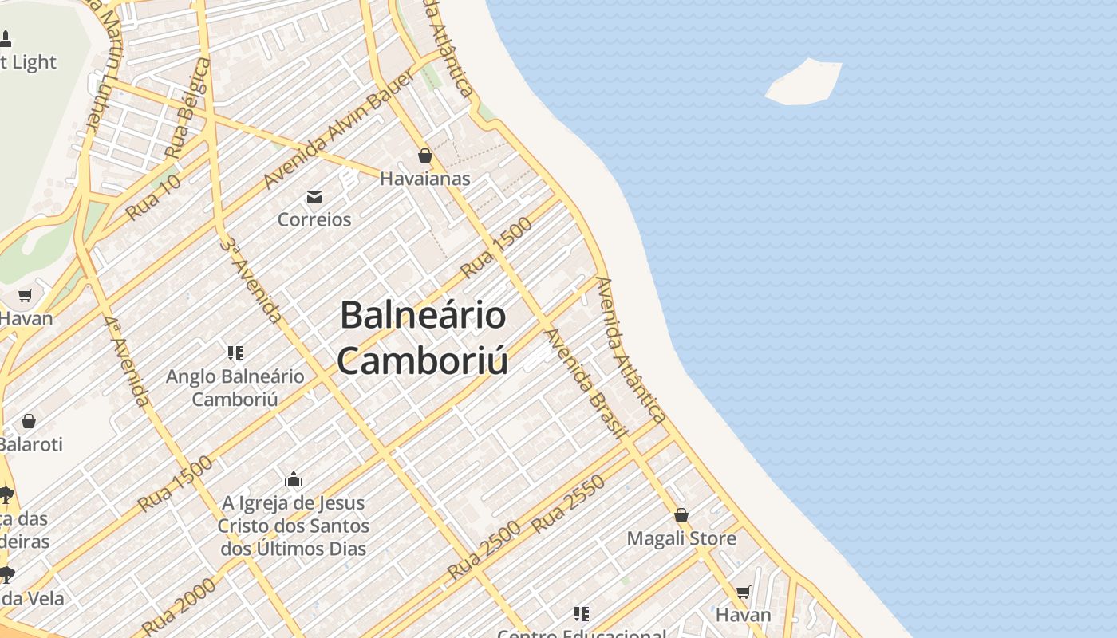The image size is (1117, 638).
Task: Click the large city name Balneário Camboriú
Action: (x=423, y=337)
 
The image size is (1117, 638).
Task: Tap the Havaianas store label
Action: (x=425, y=179)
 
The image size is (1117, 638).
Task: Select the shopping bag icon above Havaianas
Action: (x=425, y=156)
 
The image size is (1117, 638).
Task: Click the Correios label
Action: (x=314, y=219)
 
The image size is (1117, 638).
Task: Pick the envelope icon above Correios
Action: (x=314, y=197)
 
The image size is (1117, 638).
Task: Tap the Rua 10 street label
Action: (x=153, y=197)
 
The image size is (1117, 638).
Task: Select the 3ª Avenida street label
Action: (x=251, y=279)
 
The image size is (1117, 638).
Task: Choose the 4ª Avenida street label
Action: (x=126, y=360)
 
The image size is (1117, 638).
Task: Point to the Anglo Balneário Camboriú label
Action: (x=235, y=387)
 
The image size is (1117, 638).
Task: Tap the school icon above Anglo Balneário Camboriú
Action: (x=235, y=352)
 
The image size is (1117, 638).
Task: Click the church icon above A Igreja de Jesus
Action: (x=294, y=480)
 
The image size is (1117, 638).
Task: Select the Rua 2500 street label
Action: (x=484, y=549)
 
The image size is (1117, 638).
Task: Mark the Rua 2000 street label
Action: (x=180, y=605)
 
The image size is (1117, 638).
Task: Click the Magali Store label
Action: (x=681, y=538)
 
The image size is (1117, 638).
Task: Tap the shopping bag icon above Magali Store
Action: (x=681, y=515)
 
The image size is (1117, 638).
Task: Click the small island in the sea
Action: (x=804, y=82)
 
